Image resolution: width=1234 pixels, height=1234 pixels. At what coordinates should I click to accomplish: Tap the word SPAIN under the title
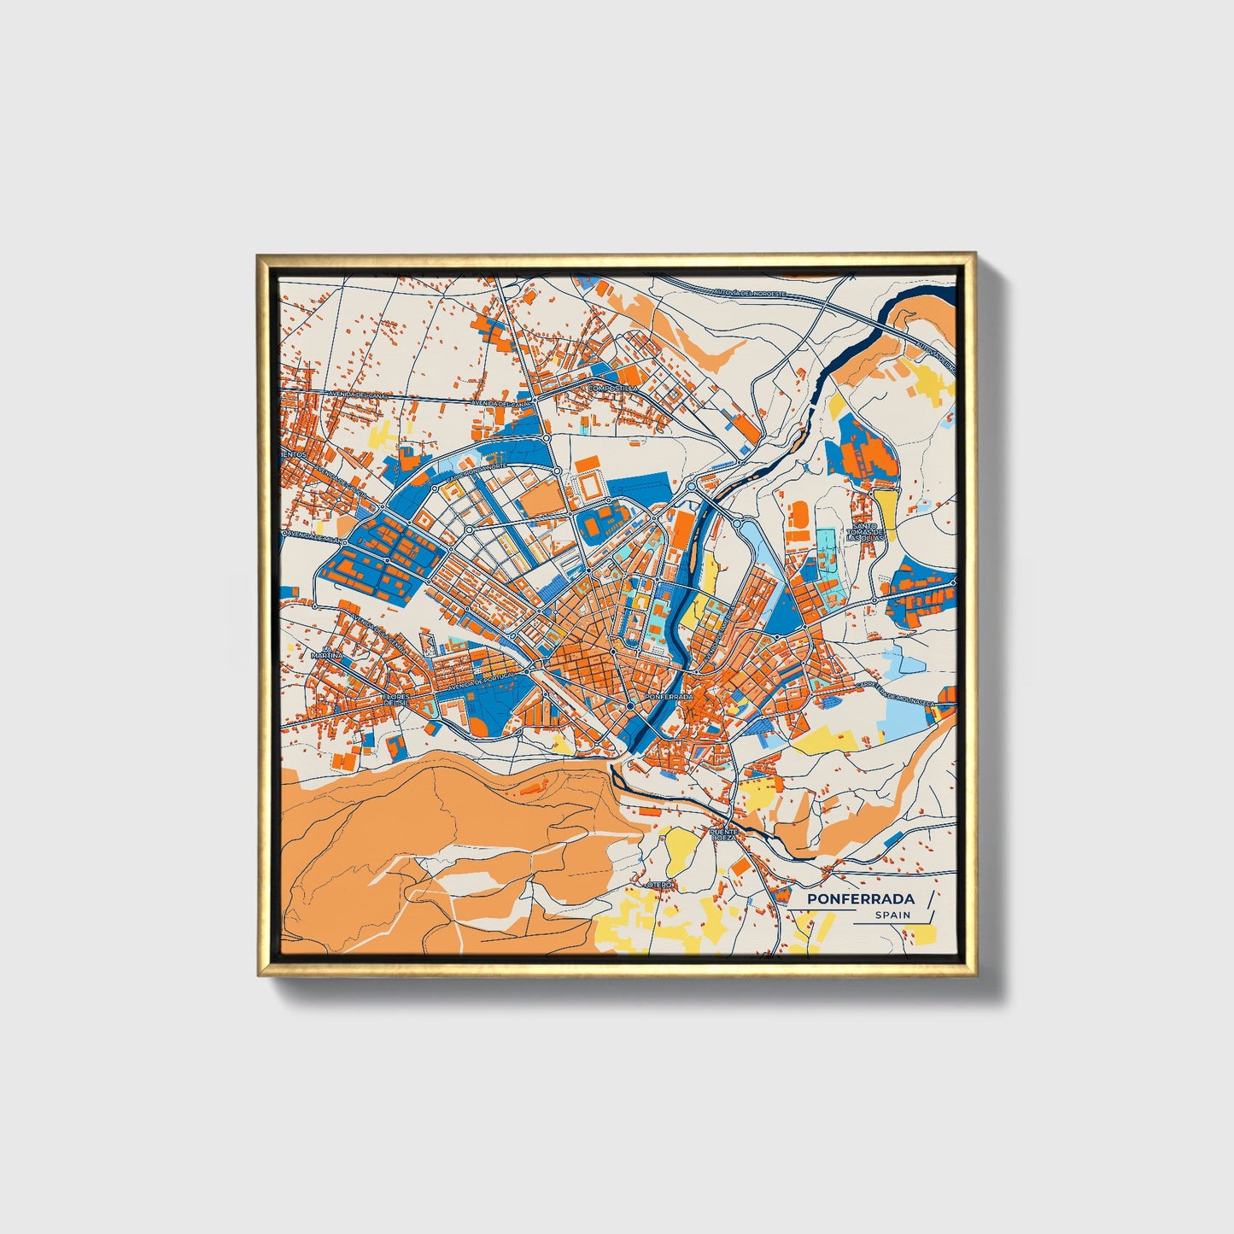(892, 915)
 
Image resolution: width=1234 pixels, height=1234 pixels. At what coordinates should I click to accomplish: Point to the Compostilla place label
(612, 389)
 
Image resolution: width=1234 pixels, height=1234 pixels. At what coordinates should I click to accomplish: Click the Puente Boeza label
(723, 833)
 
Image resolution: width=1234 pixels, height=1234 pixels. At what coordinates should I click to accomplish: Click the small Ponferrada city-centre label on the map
(670, 697)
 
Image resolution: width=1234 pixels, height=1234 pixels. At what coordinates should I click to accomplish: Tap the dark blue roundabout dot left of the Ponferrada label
(630, 706)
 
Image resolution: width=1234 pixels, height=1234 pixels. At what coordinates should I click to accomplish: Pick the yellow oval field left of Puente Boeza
(680, 846)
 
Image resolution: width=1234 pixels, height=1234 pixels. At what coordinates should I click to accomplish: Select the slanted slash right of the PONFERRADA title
(930, 898)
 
